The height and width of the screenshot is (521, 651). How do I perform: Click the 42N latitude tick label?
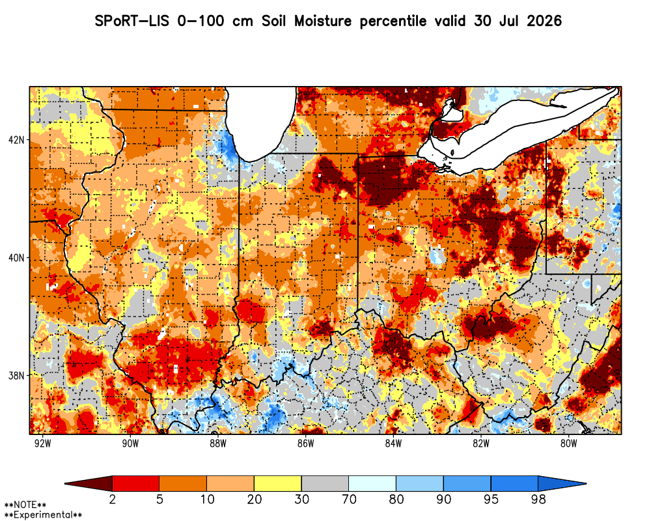16,139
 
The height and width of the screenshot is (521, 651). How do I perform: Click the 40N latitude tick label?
16,258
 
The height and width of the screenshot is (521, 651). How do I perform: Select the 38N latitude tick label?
16,376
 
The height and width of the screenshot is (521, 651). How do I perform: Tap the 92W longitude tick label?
42,444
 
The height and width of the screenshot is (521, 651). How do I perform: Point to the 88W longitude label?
218,444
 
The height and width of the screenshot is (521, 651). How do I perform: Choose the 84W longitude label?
393,444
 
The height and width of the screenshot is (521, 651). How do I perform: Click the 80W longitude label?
569,444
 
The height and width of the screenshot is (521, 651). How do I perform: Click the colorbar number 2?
112,499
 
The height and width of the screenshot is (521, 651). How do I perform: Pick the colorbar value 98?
538,499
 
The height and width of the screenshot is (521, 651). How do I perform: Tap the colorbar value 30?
301,499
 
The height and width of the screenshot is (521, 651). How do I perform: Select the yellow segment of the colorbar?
278,484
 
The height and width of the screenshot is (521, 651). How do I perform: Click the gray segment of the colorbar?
325,484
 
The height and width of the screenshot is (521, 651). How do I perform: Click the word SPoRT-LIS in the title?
132,21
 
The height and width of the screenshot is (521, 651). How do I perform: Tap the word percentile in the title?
393,21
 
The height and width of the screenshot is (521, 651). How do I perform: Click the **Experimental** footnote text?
43,515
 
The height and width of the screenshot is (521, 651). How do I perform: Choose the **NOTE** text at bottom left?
25,505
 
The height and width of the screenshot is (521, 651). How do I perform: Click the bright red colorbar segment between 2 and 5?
136,484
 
